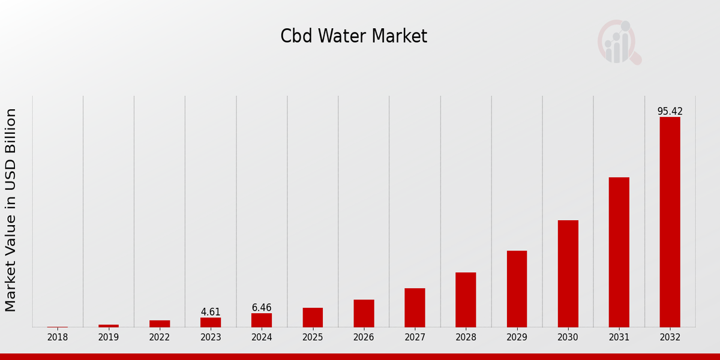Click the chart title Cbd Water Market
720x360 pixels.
[x=353, y=37]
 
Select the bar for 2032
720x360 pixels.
[x=670, y=222]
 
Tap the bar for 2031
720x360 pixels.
[x=619, y=252]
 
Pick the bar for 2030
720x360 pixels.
[x=568, y=274]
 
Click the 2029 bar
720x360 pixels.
[x=517, y=289]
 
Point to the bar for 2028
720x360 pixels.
[x=466, y=299]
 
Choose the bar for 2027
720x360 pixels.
[x=415, y=307]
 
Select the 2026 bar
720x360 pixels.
[x=364, y=313]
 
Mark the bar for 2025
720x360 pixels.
[x=313, y=317]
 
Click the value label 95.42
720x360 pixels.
[x=670, y=112]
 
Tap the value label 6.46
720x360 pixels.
[x=262, y=308]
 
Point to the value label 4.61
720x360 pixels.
[x=211, y=312]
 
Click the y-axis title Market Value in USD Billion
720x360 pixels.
[x=11, y=210]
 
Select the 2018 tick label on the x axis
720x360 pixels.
[x=58, y=338]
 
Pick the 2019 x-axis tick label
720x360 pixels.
[x=109, y=338]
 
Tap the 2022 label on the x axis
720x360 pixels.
[x=160, y=338]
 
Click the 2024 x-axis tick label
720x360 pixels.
[x=262, y=338]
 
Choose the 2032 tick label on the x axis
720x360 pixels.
[x=670, y=338]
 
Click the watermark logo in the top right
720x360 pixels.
[x=619, y=42]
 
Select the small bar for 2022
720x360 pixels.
[x=160, y=323]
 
